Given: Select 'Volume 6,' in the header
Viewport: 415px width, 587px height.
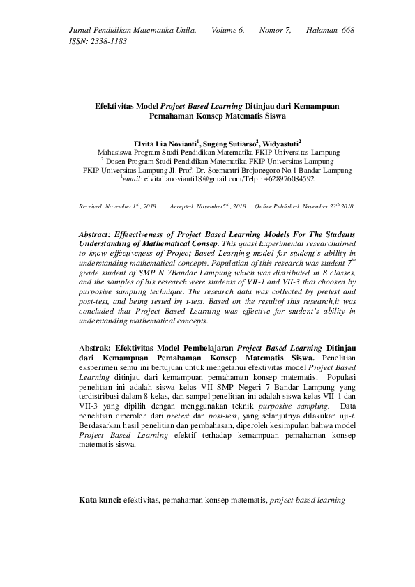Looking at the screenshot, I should (227, 31).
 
